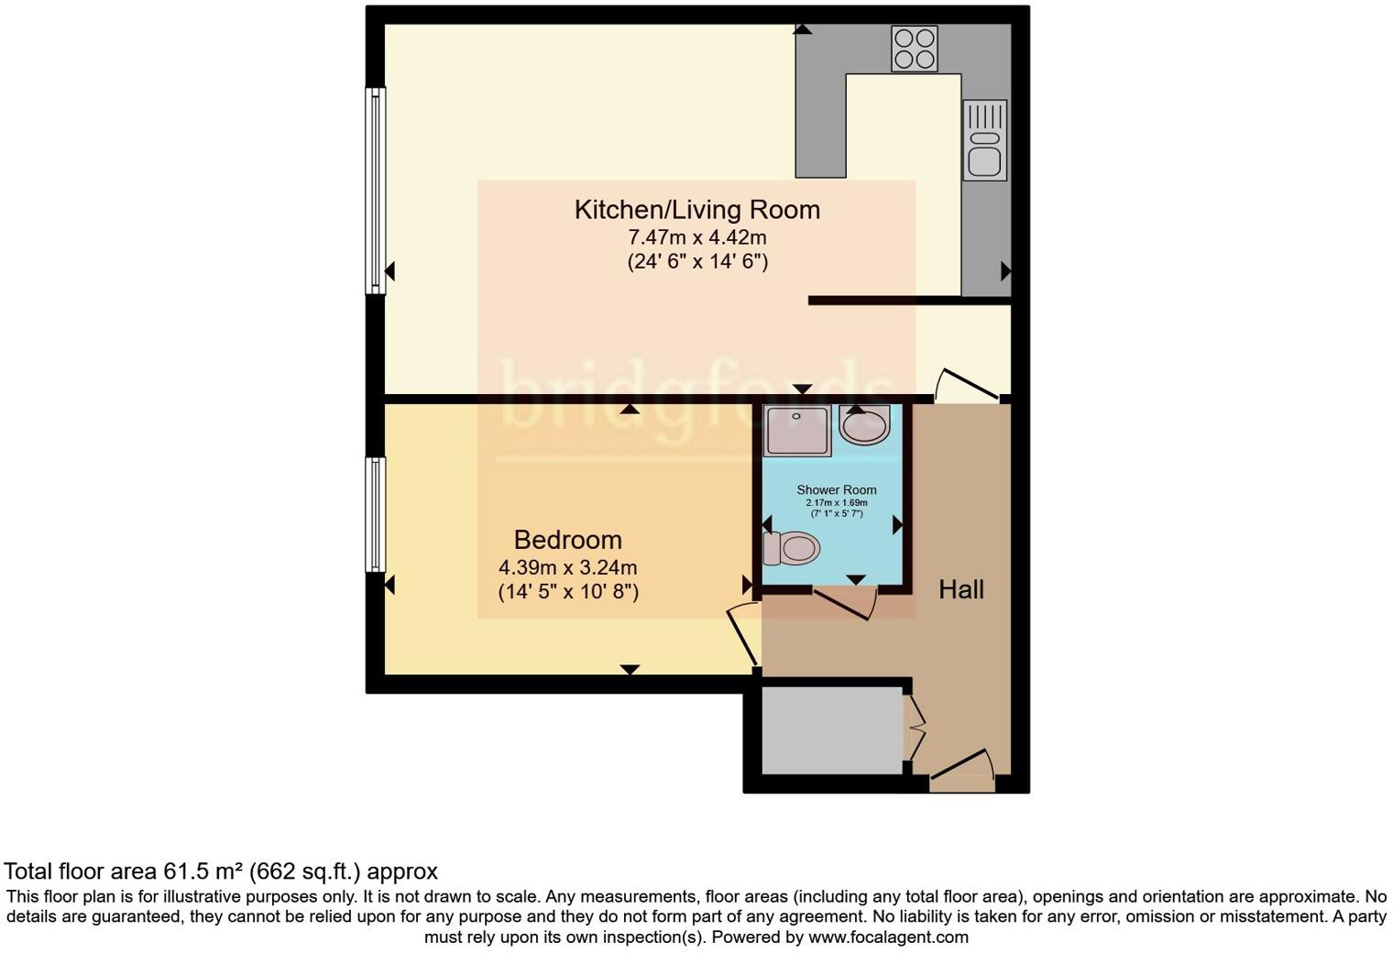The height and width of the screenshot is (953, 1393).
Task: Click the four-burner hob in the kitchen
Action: pos(914,49)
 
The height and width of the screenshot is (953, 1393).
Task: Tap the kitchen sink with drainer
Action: pos(984,140)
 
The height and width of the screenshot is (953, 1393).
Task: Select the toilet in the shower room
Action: pos(791,549)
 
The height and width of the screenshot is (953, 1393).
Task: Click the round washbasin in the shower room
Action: pos(863,425)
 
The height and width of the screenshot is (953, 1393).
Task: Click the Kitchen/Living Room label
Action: pos(696,210)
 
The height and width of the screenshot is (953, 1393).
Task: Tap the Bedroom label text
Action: pos(567,540)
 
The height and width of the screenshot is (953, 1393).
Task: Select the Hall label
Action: pos(960,589)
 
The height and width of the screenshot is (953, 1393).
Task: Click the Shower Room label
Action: pos(836,490)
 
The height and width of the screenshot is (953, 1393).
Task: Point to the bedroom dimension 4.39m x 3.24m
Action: pos(567,567)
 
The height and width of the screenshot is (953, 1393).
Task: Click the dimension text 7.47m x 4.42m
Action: pos(696,237)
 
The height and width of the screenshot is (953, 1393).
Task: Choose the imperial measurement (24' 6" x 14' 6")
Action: pos(696,262)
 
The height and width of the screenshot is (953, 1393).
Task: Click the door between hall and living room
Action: pos(967,385)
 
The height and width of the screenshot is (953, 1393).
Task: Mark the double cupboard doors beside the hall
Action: pos(915,728)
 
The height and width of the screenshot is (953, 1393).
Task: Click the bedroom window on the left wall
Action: pos(375,514)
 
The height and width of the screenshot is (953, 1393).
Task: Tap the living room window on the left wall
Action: pos(375,191)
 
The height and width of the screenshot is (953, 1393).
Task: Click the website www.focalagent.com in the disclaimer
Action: pos(887,937)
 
